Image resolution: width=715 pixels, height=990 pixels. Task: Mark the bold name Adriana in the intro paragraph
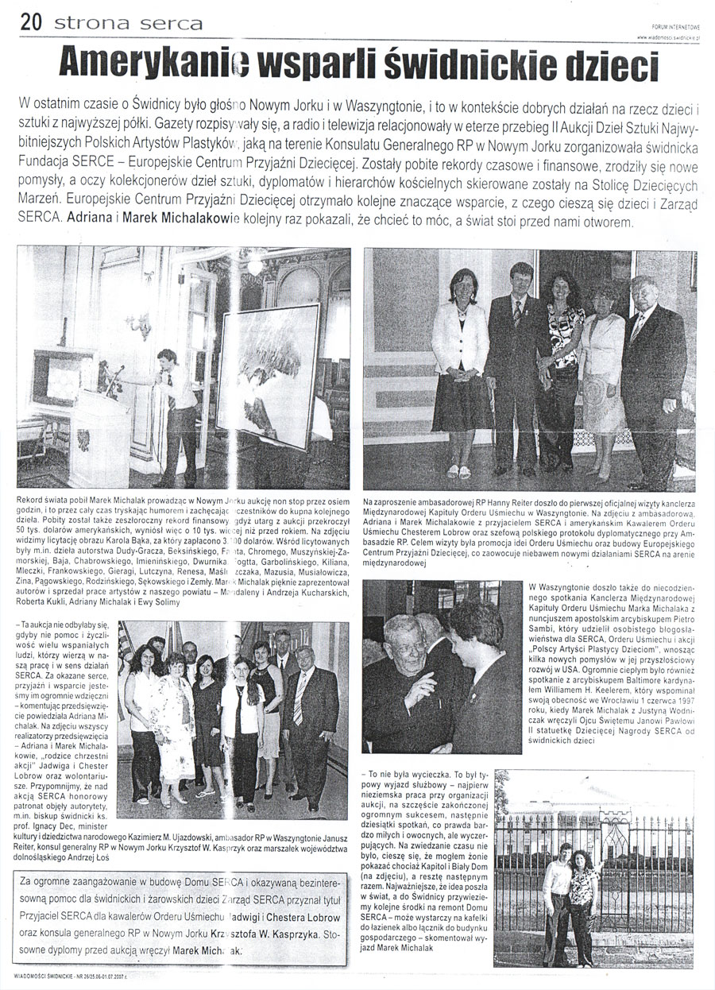[x=91, y=218]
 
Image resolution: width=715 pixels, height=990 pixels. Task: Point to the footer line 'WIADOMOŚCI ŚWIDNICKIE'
[x=60, y=976]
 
